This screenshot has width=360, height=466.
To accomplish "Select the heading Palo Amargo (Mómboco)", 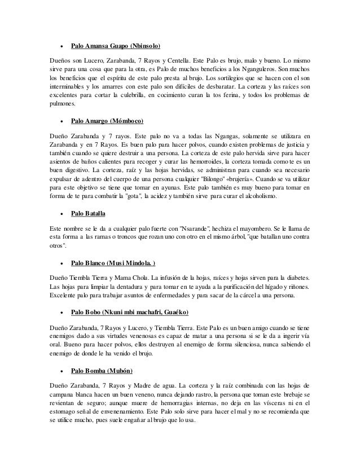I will point(107,121).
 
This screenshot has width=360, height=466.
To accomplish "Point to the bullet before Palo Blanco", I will point(59,263).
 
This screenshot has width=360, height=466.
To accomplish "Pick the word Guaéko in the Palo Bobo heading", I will point(175,313).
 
